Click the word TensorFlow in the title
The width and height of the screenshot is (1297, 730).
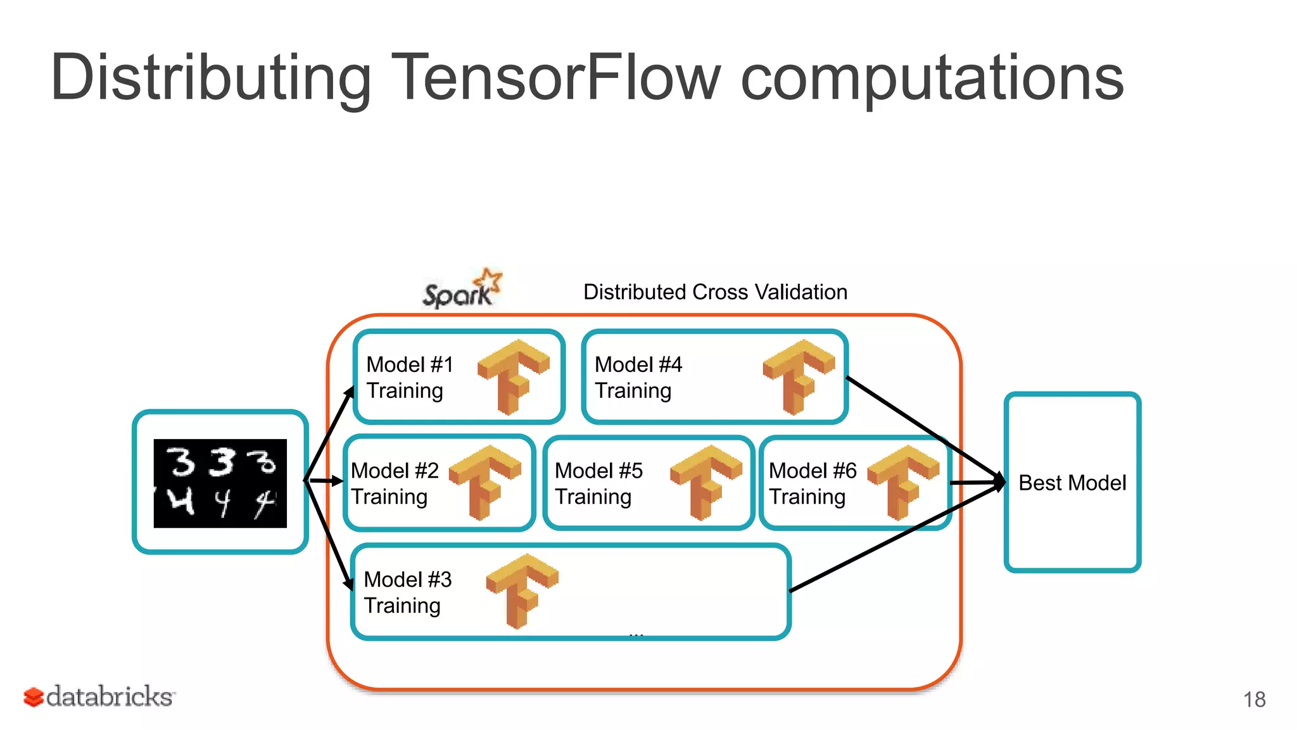coord(556,77)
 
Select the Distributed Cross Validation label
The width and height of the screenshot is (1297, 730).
coord(715,292)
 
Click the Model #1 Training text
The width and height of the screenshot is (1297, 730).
coord(409,378)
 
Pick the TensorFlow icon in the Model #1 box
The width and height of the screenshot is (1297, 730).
coord(514,376)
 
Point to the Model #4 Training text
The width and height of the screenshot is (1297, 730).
coord(637,378)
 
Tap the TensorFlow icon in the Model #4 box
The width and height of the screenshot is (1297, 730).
coord(799,376)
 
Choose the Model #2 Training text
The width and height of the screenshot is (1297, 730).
coord(394,483)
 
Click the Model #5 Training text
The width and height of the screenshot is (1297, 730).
coord(598,483)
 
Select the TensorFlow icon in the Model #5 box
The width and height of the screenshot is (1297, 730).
coord(706,482)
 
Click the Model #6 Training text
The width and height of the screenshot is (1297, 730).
coord(812,483)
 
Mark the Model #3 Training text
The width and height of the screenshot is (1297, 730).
coord(407,592)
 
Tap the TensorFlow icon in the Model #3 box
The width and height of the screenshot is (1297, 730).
coord(522,591)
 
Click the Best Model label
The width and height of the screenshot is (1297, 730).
coord(1072,483)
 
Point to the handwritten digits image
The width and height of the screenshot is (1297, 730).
coord(220,483)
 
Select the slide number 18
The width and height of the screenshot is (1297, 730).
coord(1254,700)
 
